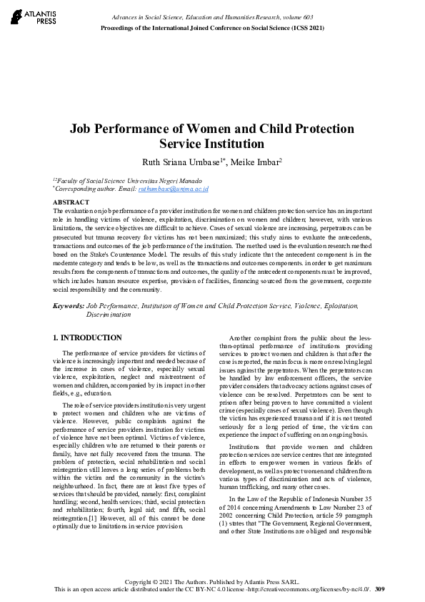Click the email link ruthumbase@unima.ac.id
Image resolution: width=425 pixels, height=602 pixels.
[184, 189]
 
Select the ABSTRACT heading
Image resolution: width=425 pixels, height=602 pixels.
[71, 203]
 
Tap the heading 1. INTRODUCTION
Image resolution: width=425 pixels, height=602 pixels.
[87, 337]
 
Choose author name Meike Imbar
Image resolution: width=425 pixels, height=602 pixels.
[256, 162]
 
